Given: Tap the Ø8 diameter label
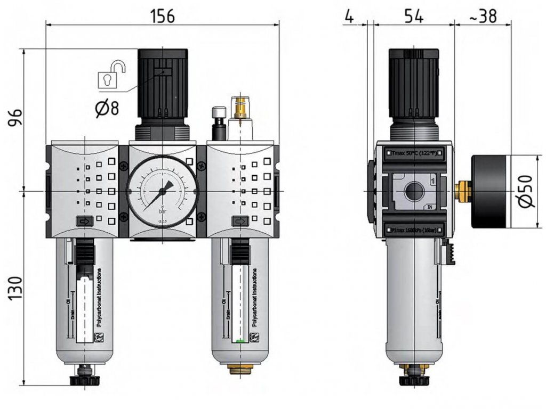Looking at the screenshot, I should click(107, 109).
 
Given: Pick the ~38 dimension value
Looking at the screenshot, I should click(483, 16).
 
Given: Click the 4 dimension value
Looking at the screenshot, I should click(349, 16).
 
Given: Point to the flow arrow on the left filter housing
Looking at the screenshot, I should click(84, 221).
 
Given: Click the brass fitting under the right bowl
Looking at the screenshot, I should click(241, 367).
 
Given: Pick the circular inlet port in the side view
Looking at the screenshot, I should click(413, 191).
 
